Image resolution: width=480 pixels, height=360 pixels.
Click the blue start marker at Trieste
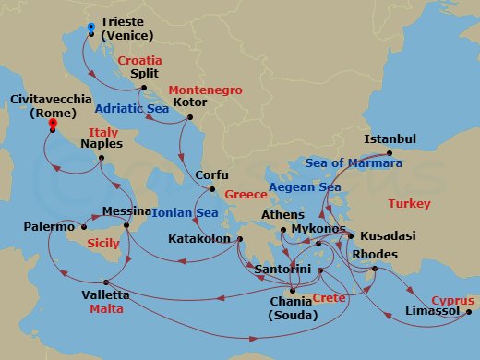coord(90,27)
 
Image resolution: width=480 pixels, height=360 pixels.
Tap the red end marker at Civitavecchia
coord(53,123)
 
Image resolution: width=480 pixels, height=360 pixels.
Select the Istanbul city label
coord(391,138)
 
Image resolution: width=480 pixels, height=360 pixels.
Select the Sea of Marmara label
coord(355,163)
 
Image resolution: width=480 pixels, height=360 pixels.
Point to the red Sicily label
coord(102,244)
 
